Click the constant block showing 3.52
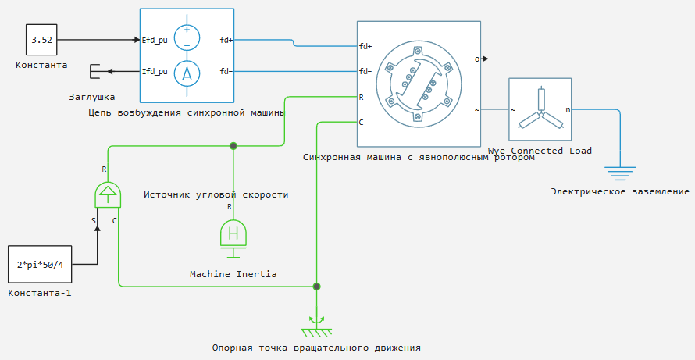point(41,40)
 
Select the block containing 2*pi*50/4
point(40,264)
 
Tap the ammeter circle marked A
point(187,73)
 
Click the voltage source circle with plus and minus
point(187,37)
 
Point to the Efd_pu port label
point(155,40)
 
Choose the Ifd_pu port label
point(155,71)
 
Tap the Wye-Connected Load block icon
point(540,109)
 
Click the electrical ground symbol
point(620,173)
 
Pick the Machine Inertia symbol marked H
point(233,235)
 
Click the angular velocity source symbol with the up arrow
point(108,194)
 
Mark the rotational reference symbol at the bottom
point(316,325)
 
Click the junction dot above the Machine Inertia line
point(233,145)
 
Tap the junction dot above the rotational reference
point(316,287)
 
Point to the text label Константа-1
point(40,293)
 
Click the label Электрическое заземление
point(620,191)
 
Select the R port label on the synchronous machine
point(361,97)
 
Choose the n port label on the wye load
point(568,109)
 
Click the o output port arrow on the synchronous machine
point(486,59)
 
